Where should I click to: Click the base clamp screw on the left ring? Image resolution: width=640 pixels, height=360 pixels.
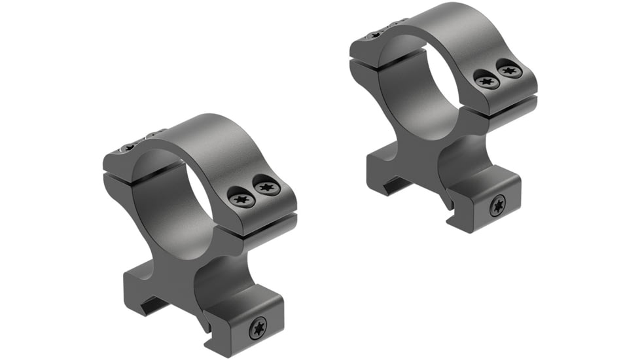[258, 328]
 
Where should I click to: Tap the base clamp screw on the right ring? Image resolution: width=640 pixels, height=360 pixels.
[497, 206]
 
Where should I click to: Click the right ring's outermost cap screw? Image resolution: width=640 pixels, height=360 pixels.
[510, 69]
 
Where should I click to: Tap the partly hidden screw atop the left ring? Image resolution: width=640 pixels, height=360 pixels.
[129, 147]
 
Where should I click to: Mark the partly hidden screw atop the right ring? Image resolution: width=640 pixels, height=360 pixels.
[375, 35]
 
